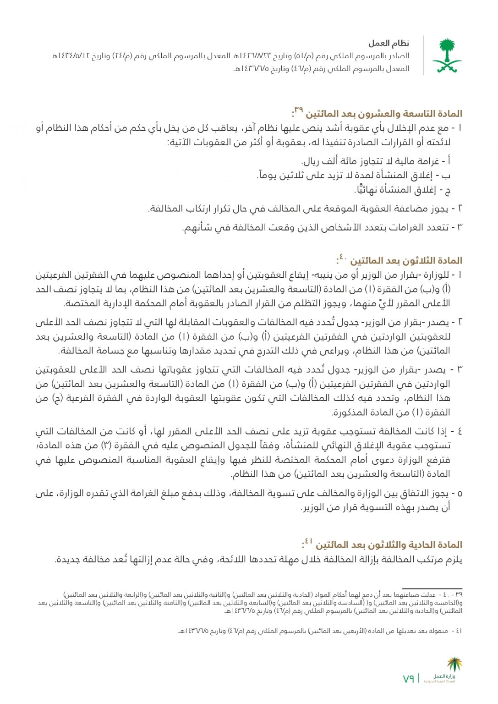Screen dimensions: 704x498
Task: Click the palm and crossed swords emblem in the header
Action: tap(447, 55)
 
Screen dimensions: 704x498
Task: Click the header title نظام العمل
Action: tap(389, 44)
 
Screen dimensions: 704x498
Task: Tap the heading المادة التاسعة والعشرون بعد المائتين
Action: tap(383, 114)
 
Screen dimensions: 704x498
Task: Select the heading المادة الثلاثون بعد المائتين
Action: tap(406, 261)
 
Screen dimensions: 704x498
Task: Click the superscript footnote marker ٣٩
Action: tap(299, 110)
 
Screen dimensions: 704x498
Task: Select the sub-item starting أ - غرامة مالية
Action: tap(376, 161)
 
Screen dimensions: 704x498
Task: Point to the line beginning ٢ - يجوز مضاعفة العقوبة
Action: tap(305, 209)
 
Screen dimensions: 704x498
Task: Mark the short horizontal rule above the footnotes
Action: tap(432, 588)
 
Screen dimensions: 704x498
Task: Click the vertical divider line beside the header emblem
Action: tap(423, 55)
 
